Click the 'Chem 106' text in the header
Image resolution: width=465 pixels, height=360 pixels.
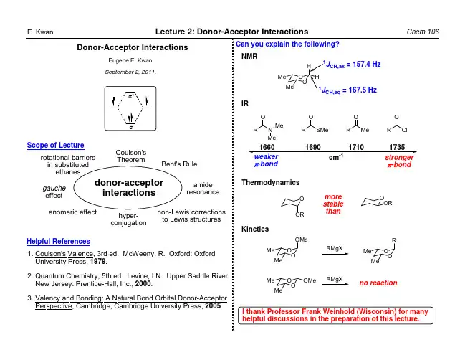[422, 32]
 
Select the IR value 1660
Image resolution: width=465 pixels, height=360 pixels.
[267, 146]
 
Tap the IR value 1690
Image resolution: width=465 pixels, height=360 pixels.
[312, 146]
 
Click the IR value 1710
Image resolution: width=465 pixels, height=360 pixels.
[355, 146]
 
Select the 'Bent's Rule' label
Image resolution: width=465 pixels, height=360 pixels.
[179, 164]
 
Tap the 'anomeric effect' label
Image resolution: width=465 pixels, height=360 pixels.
[72, 212]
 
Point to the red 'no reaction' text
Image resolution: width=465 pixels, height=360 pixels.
[378, 283]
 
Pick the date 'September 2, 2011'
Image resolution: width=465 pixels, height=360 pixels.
[131, 73]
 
